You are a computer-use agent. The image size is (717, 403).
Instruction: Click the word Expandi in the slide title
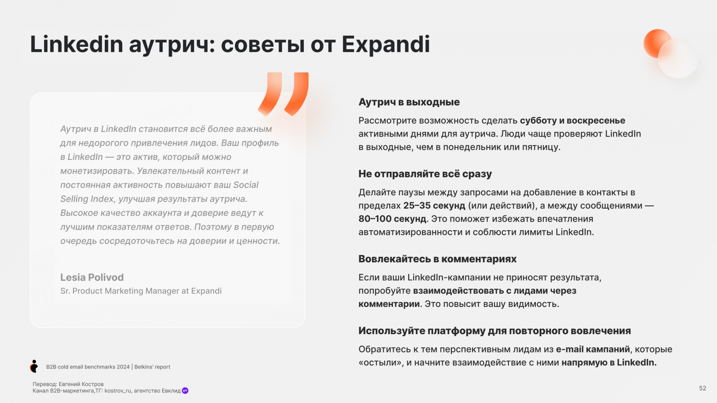coord(386,45)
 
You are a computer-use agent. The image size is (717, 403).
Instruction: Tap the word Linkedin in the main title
coord(76,45)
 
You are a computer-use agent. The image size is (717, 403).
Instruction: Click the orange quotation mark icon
coord(283,94)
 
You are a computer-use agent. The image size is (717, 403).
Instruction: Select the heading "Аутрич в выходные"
coord(409,102)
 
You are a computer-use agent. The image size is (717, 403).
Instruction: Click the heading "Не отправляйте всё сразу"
coord(425,174)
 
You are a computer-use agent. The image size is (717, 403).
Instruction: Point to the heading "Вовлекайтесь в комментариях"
coord(437,259)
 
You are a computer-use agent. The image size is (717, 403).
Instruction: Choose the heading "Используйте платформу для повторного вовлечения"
coord(495,331)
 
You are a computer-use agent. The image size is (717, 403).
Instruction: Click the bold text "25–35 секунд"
coord(434,205)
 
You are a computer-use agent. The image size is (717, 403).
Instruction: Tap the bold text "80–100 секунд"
coord(392,219)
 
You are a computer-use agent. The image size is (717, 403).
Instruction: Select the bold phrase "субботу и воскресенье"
coord(572,120)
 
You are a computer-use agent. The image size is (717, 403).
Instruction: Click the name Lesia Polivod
coord(92,277)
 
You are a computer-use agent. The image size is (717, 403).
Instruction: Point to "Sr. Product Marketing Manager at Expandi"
coord(141,291)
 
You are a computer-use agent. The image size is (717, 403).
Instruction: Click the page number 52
coord(702,388)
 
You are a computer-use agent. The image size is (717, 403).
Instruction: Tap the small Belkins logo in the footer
coord(34,366)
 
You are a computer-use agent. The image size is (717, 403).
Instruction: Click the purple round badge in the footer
coord(185,391)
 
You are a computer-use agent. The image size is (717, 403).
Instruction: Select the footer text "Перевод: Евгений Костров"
coord(68,384)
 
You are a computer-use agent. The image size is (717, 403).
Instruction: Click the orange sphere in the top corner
coord(657,43)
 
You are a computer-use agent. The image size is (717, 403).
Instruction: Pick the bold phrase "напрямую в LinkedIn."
coord(609,363)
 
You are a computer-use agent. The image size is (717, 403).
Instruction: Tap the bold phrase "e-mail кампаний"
coord(593,349)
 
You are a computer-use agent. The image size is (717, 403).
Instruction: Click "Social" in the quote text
coord(246,185)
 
